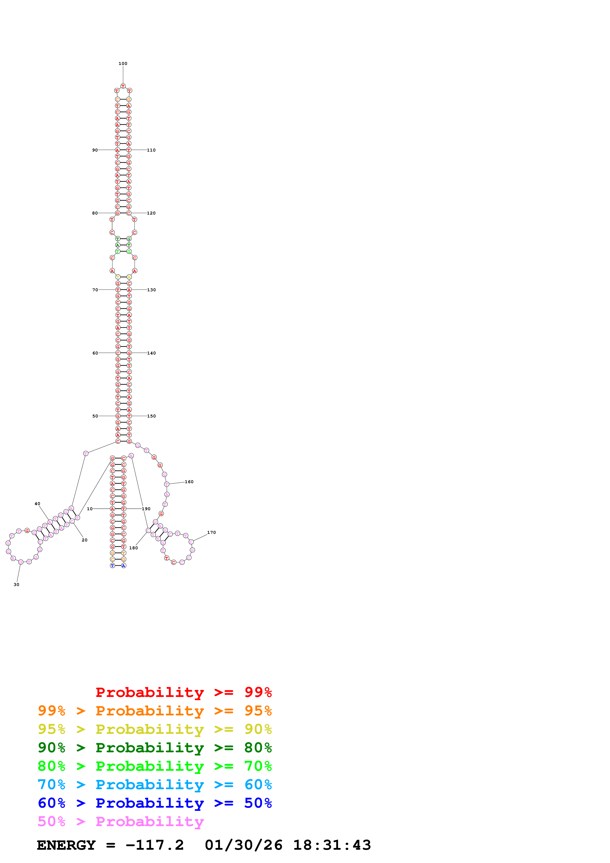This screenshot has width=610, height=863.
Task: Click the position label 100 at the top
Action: click(x=123, y=63)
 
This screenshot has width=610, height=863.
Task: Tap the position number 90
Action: click(x=95, y=150)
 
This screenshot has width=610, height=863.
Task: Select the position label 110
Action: click(x=151, y=150)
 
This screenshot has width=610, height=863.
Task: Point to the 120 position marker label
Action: click(x=151, y=213)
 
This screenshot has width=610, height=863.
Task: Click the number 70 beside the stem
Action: click(x=95, y=290)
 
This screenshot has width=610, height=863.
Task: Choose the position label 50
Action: click(x=95, y=416)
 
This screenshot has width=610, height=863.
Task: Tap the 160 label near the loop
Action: click(x=189, y=481)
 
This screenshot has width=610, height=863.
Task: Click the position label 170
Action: click(x=212, y=532)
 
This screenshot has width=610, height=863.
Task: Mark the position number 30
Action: click(x=16, y=585)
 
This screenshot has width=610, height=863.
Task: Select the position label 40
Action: click(x=37, y=504)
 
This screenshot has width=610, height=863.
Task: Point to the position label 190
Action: click(x=146, y=509)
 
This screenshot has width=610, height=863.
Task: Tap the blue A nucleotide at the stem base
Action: click(x=124, y=566)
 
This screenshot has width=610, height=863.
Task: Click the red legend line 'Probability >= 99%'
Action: click(x=183, y=692)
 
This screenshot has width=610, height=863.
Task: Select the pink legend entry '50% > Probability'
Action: click(x=121, y=821)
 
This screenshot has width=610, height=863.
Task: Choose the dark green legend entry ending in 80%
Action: click(x=155, y=748)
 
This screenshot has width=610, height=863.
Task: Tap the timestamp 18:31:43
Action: click(x=332, y=845)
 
